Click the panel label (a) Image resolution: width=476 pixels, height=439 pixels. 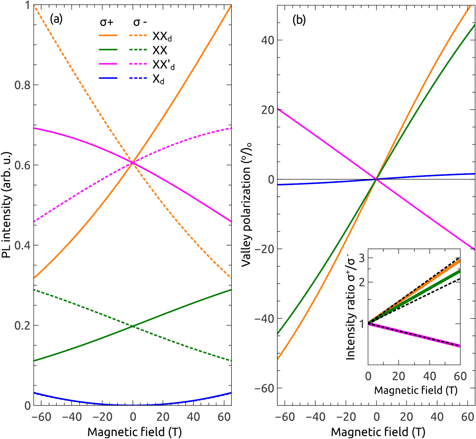pos(56,20)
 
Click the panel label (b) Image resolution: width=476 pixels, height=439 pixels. pos(299,20)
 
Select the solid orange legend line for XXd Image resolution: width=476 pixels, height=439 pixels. pos(108,36)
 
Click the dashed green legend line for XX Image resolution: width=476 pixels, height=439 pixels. pos(138,50)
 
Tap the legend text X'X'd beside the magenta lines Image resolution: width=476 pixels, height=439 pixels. pos(163,65)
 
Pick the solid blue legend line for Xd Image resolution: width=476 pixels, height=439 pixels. pos(108,78)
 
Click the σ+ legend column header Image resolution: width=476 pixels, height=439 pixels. pos(107,22)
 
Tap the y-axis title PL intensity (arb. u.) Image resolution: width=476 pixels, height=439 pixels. pos(7,205)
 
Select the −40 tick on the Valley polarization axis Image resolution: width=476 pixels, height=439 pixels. pos(264,319)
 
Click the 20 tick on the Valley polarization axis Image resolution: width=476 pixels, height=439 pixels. pos(268,110)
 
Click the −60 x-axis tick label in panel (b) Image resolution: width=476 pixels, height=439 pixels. pos(285,417)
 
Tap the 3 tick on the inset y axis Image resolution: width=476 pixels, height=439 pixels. pos(362,258)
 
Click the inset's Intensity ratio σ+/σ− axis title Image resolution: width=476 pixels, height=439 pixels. pos(351,307)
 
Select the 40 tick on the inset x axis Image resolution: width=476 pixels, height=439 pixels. pos(430,376)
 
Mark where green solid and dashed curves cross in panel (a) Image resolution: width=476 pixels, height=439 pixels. pos(133,326)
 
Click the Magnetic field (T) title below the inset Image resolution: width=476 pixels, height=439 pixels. pos(416,391)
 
